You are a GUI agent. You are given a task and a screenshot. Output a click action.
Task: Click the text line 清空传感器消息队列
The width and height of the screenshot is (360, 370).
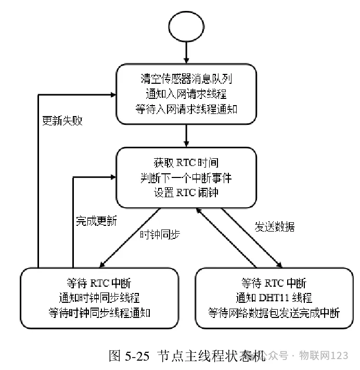186,79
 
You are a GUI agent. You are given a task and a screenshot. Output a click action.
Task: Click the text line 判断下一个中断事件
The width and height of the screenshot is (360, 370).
186,177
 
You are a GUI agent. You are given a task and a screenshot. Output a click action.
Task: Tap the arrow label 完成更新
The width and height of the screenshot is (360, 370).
93,220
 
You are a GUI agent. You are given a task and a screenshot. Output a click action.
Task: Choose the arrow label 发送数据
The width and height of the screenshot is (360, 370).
274,227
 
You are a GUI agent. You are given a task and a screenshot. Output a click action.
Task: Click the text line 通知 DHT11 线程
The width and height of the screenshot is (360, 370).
274,298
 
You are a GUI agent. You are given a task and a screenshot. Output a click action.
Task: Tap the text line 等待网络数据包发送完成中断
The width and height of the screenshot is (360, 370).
274,313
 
